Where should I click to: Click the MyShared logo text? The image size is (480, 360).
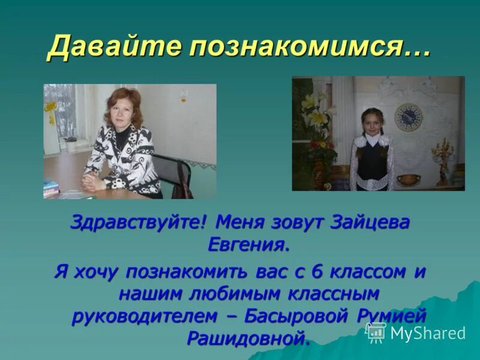tap(428, 333)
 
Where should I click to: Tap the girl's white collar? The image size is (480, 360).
tap(371, 139)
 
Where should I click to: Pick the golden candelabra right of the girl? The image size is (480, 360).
tap(443, 159)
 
